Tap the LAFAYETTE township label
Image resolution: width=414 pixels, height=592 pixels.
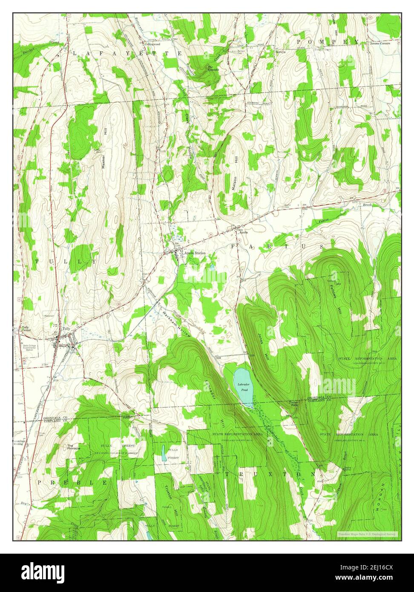(127, 53)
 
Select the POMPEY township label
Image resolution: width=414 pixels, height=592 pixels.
(328, 41)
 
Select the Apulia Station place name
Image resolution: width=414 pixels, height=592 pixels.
(194, 253)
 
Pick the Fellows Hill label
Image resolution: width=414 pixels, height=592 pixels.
(336, 296)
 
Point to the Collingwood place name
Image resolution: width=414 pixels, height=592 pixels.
(151, 44)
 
